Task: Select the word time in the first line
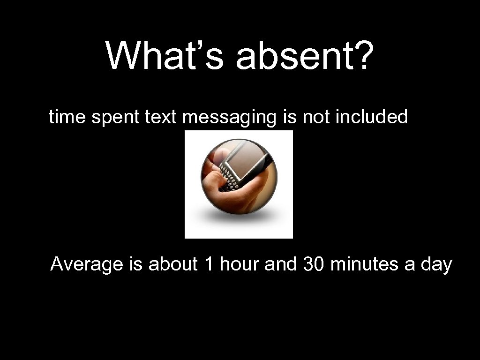click(67, 117)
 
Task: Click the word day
click(436, 265)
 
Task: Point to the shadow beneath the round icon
click(239, 218)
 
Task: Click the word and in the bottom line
click(281, 264)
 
